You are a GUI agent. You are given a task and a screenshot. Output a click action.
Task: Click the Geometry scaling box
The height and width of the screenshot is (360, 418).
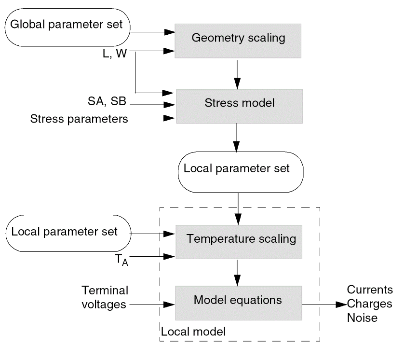238,38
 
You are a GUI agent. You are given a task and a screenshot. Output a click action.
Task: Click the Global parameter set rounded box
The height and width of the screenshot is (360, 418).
68,24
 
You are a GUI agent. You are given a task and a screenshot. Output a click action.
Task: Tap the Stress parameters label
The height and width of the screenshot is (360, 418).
79,118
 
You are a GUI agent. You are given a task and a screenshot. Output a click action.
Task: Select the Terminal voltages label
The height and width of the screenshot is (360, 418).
105,297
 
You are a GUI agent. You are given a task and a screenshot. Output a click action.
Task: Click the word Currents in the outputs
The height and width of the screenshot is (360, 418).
370,290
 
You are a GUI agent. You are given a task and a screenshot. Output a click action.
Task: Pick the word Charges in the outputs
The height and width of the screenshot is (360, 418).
370,304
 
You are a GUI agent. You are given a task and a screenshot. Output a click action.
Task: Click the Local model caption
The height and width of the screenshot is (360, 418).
193,332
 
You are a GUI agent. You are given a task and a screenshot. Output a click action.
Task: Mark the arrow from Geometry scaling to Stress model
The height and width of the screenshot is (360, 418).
237,73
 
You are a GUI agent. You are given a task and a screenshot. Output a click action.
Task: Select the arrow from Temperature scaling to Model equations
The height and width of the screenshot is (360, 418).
237,272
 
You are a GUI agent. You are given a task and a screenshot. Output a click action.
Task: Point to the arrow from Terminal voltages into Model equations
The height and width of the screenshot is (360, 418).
152,305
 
